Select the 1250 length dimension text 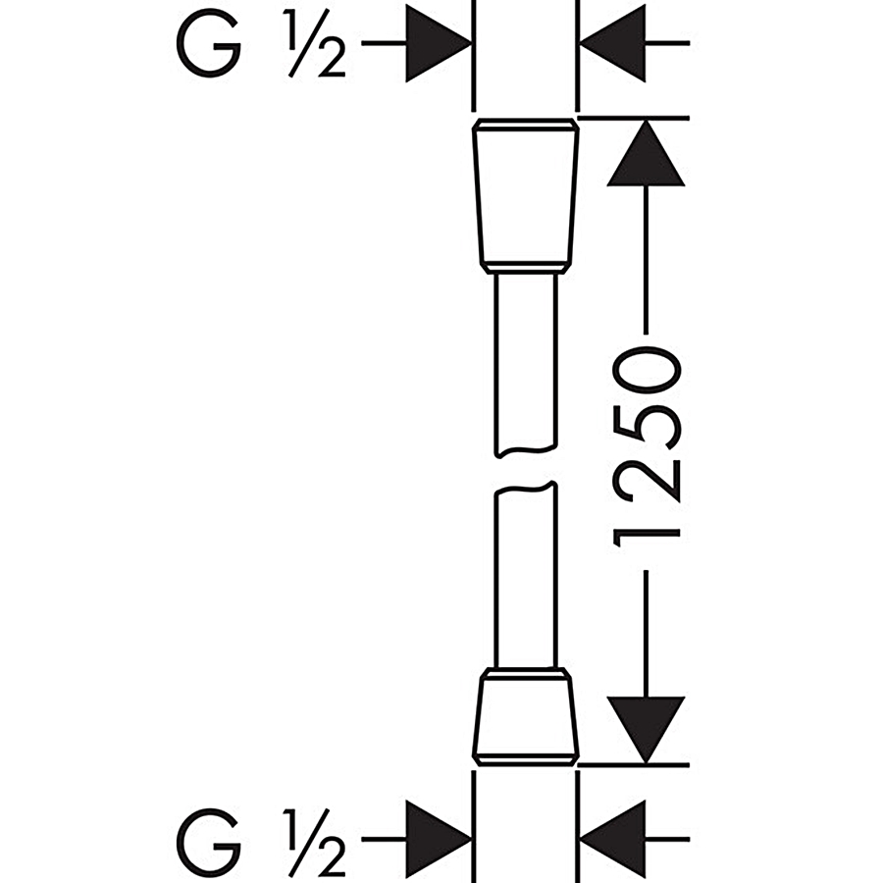coord(646,441)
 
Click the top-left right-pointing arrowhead coord(437,44)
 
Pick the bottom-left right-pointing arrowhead coord(437,840)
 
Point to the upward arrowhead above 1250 coord(645,153)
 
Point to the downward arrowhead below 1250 coord(645,728)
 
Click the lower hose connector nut coord(526,716)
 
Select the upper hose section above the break coord(526,363)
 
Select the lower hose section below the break coord(526,579)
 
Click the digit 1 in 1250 coord(646,519)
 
